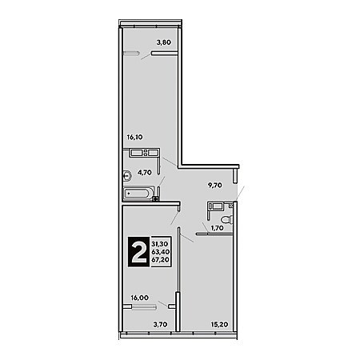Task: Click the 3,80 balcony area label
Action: [x=163, y=42]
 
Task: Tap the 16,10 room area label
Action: [x=134, y=137]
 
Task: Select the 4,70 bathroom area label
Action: [x=145, y=173]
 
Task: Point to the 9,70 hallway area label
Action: [x=215, y=185]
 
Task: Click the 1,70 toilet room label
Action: [x=217, y=228]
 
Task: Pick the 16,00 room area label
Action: [x=140, y=298]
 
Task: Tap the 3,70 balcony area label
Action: [x=160, y=324]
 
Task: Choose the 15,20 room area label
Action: [x=220, y=324]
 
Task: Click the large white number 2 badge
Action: [x=138, y=252]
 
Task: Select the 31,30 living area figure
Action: [x=160, y=244]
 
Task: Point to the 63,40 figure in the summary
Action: [x=161, y=251]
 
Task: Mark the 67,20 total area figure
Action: [x=161, y=259]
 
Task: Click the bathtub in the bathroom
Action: [x=138, y=194]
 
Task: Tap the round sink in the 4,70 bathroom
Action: [x=127, y=176]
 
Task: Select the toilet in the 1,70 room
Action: [x=226, y=219]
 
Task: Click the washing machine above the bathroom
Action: [x=144, y=153]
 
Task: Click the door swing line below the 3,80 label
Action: [x=146, y=56]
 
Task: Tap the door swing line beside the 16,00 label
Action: [x=163, y=304]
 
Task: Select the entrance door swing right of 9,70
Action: [x=240, y=194]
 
